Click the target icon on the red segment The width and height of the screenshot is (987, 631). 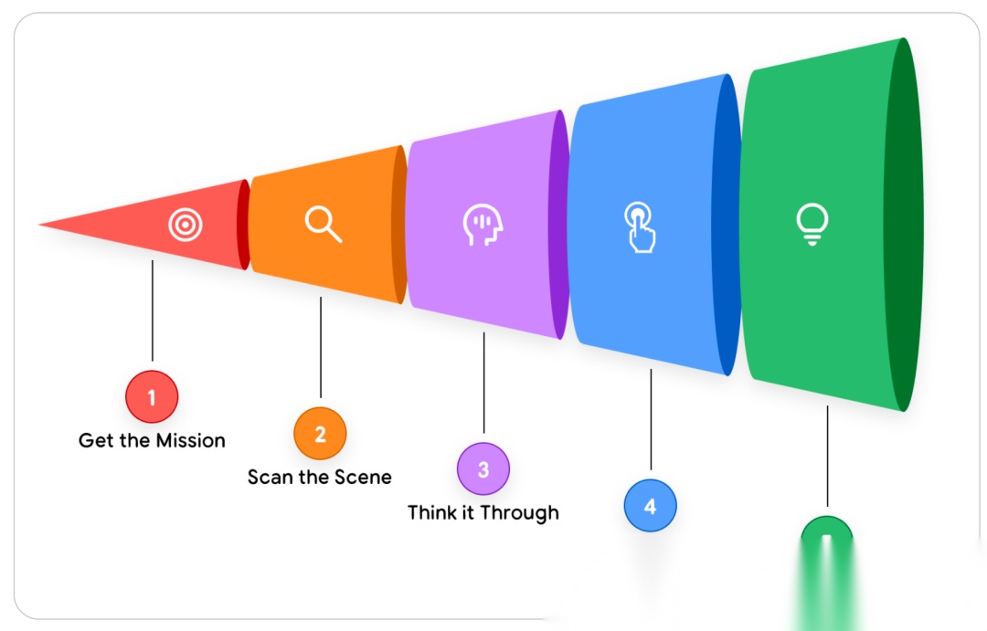(x=185, y=224)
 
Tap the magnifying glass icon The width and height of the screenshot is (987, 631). (x=323, y=224)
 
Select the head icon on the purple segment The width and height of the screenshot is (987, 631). (x=483, y=225)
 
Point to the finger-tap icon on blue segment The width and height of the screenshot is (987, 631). (x=640, y=226)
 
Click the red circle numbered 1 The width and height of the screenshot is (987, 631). (x=152, y=397)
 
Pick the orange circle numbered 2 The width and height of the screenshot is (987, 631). (x=320, y=434)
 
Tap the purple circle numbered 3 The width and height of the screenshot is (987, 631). (x=483, y=469)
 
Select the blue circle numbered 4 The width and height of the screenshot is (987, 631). (x=650, y=505)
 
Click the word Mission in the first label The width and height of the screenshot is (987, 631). (x=189, y=440)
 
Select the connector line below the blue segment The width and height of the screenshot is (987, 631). (x=651, y=420)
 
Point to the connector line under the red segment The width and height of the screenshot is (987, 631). (x=153, y=310)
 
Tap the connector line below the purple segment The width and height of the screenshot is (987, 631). (x=484, y=384)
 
